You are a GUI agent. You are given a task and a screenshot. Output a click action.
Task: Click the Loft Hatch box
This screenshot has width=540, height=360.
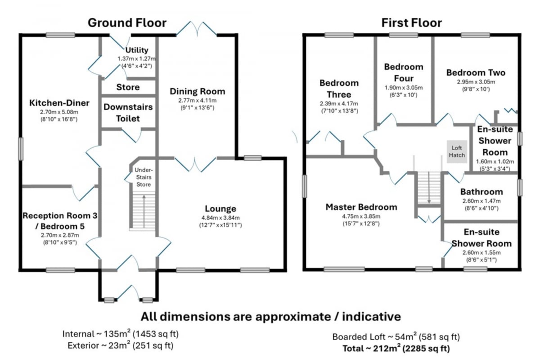[457, 152]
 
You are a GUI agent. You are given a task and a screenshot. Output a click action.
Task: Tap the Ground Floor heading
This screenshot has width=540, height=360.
[127, 23]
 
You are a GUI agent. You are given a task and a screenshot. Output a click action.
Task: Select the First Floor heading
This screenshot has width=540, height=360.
[411, 23]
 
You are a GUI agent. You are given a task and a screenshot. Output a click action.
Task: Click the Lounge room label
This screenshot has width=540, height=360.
[220, 208]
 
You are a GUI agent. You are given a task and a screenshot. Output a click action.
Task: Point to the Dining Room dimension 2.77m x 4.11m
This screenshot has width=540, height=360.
[198, 100]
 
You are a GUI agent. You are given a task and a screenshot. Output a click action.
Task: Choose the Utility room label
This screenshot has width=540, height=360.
[137, 50]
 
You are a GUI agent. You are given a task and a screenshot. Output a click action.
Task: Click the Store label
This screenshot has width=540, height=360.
[128, 87]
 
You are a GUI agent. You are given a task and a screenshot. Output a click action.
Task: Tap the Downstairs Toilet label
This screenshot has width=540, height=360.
[128, 112]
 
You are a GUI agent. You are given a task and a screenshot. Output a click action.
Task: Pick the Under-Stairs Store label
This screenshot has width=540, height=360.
[144, 177]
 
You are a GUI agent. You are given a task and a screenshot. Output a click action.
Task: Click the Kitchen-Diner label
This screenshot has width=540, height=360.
[59, 103]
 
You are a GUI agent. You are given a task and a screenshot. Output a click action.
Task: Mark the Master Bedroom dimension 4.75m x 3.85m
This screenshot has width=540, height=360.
[361, 216]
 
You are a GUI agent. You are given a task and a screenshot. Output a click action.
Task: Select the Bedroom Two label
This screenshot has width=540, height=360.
[476, 72]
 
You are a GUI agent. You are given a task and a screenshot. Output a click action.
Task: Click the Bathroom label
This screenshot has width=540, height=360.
[481, 192]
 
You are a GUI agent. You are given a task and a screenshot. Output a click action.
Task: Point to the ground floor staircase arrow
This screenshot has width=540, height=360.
[144, 211]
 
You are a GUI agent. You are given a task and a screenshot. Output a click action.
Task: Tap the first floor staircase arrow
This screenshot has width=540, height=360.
[429, 188]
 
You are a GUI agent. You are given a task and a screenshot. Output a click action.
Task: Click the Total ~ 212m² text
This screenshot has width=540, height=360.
[396, 348]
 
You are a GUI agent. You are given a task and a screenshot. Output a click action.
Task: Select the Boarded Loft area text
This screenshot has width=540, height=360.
[396, 337]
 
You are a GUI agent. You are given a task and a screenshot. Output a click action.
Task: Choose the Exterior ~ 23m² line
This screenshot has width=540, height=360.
[121, 346]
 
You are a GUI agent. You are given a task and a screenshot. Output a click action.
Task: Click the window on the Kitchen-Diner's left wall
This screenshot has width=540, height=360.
[21, 149]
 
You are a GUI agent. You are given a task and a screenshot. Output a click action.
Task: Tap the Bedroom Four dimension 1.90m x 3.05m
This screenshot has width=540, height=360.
[404, 88]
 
